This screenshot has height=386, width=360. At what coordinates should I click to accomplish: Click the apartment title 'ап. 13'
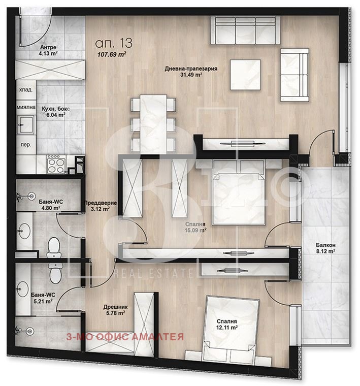(x=114, y=43)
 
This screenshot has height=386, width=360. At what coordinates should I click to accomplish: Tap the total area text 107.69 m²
(x=112, y=54)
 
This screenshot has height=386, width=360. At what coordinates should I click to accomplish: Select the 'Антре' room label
(x=48, y=47)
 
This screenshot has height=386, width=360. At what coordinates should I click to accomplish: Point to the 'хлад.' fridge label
(x=26, y=90)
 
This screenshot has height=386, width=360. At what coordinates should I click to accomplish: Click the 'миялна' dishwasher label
(x=26, y=107)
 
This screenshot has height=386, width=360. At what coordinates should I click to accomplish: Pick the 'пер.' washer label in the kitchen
(x=26, y=145)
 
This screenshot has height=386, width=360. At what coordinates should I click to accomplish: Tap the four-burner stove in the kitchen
(x=56, y=164)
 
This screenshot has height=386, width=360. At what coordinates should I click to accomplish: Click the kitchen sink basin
(x=26, y=124)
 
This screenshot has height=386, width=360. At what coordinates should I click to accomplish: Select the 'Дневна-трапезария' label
(x=191, y=69)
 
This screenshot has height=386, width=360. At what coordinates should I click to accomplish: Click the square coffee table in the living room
(x=245, y=75)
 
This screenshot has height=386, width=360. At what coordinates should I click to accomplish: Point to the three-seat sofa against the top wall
(x=245, y=30)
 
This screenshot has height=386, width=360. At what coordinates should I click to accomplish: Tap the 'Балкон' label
(x=325, y=245)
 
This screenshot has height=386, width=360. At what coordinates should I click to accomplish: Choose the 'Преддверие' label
(x=101, y=203)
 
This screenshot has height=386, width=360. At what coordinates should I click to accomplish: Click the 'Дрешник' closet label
(x=115, y=307)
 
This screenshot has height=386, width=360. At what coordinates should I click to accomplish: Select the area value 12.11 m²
(x=227, y=328)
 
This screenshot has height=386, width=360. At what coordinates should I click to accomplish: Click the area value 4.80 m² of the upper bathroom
(x=51, y=208)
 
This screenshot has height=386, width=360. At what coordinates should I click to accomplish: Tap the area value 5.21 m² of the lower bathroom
(x=43, y=301)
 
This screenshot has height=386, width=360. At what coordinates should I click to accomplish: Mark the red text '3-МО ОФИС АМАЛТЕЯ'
(x=125, y=337)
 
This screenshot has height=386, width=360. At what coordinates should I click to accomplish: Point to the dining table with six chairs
(x=153, y=124)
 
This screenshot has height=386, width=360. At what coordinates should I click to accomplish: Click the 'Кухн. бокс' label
(x=56, y=109)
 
